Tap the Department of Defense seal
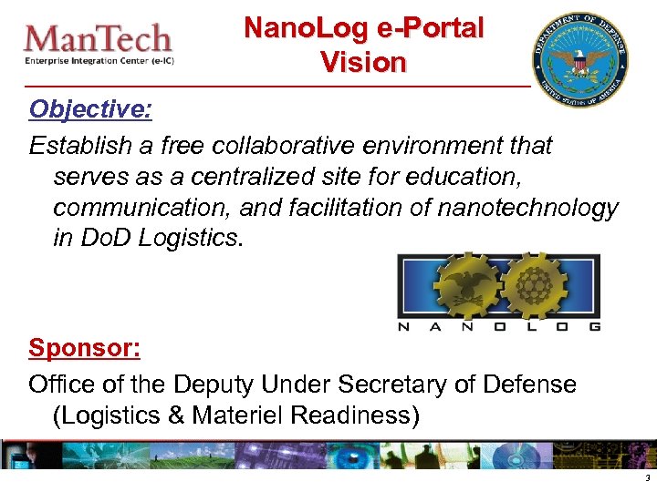click(x=582, y=60)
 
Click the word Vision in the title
click(x=362, y=63)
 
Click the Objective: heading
click(x=90, y=109)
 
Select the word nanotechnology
click(x=527, y=208)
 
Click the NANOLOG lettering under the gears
click(x=499, y=326)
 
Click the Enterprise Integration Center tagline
click(x=98, y=61)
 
